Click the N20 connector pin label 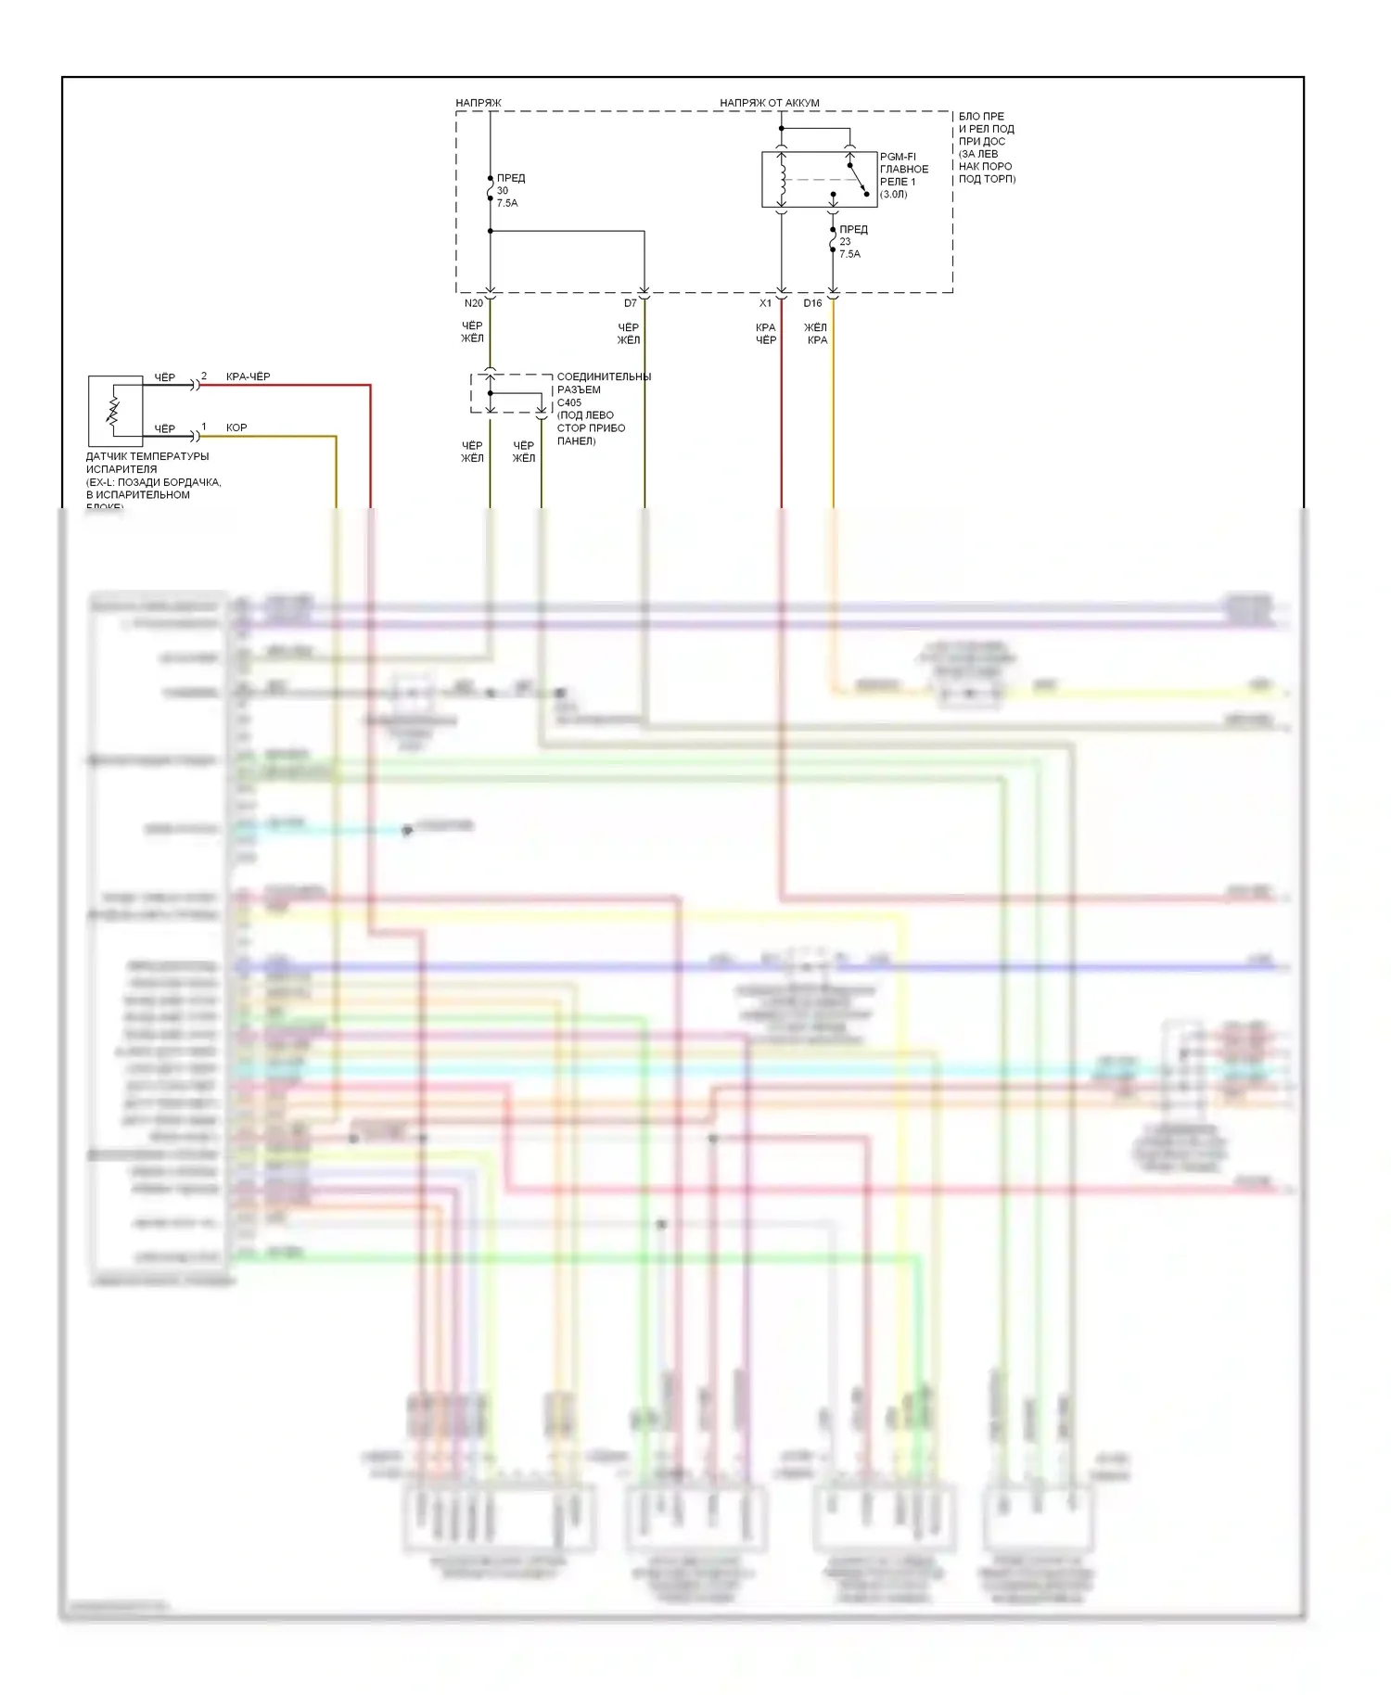pos(473,303)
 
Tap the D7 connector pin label pos(631,303)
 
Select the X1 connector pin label pos(765,303)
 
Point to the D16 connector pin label pos(812,303)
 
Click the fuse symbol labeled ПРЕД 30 pos(490,191)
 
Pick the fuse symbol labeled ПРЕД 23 pos(833,242)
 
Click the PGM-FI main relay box pos(819,179)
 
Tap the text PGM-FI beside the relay pos(898,157)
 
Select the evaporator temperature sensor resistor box pos(115,411)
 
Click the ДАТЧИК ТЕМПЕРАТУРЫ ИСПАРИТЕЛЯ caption pos(147,463)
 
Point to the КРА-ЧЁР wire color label pos(249,377)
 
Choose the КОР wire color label pos(236,428)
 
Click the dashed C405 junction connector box pos(511,394)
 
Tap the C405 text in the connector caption pos(569,402)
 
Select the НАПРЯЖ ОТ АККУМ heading pos(770,103)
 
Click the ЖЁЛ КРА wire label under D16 pos(816,334)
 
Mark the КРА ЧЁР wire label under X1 pos(766,334)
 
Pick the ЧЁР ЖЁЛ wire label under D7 pos(629,334)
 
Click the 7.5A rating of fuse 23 pos(849,254)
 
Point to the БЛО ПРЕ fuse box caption pos(981,117)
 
